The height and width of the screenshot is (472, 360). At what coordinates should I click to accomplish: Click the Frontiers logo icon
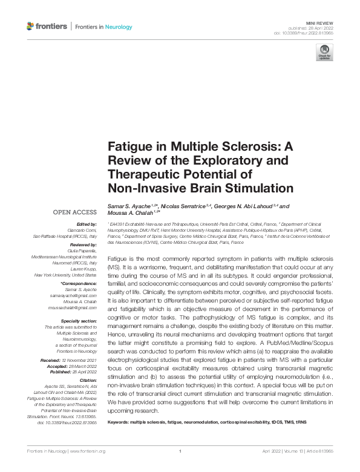31,26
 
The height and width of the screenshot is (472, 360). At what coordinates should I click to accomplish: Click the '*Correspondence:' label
79,284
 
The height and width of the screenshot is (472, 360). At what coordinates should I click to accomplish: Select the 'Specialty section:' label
78,321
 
